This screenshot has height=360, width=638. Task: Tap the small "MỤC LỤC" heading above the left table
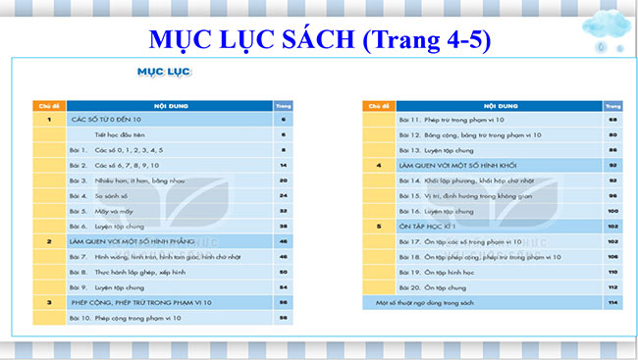point(156,72)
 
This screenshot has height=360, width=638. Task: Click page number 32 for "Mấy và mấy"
point(283,211)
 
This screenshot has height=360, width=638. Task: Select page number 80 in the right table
point(611,134)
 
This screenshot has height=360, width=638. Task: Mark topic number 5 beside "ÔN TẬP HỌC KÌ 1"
point(378,226)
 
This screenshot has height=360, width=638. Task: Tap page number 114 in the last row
point(611,301)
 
